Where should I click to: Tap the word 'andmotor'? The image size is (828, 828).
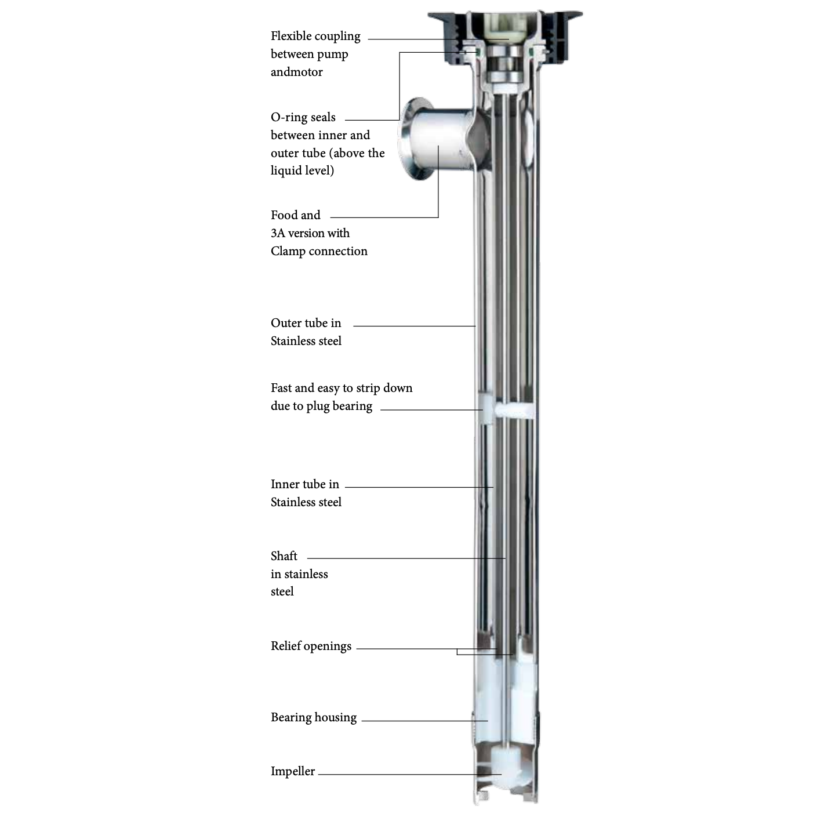click(296, 72)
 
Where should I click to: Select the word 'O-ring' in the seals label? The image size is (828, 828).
click(289, 117)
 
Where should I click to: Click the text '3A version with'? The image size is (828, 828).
click(310, 233)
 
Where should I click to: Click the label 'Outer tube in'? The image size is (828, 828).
click(306, 323)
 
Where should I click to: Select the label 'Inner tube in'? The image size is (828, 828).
click(304, 484)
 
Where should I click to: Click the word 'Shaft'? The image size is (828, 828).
click(284, 556)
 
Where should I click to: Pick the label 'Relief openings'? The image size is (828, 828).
click(311, 646)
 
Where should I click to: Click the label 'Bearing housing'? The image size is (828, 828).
click(313, 717)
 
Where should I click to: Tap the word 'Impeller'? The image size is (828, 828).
click(292, 771)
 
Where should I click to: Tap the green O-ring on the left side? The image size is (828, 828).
click(479, 53)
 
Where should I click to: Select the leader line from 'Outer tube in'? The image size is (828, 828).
click(414, 326)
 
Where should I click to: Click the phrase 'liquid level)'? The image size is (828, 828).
click(302, 170)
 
